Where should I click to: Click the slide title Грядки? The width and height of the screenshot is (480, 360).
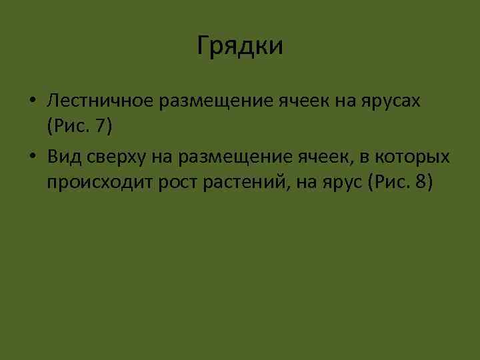pyautogui.click(x=241, y=46)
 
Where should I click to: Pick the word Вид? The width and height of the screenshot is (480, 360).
pyautogui.click(x=63, y=157)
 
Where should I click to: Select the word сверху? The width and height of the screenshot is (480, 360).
pyautogui.click(x=114, y=157)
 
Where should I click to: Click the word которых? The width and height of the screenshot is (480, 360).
pyautogui.click(x=415, y=157)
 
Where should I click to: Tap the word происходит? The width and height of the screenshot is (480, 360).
pyautogui.click(x=100, y=181)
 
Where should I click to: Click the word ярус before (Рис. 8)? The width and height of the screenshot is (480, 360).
pyautogui.click(x=339, y=181)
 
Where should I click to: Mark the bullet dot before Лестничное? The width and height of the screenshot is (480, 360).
pyautogui.click(x=32, y=101)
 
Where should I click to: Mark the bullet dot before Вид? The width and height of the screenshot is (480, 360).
pyautogui.click(x=32, y=158)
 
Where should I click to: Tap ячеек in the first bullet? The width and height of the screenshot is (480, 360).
pyautogui.click(x=297, y=101)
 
